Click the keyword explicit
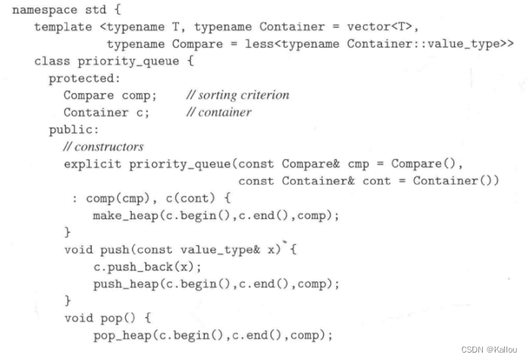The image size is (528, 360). tap(93, 164)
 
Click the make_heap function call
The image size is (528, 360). tap(122, 215)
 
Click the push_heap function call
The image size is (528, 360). tap(122, 284)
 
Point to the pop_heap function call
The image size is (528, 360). tap(118, 336)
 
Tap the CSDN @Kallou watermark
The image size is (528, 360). tap(487, 350)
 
